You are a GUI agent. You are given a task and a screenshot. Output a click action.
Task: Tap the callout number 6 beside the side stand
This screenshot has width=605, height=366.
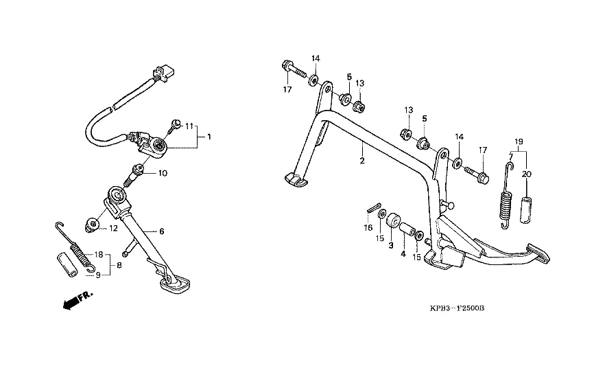162,231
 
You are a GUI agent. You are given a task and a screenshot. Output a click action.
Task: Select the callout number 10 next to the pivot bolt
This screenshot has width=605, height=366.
162,173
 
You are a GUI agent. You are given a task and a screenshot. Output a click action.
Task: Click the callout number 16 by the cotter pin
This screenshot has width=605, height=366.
368,227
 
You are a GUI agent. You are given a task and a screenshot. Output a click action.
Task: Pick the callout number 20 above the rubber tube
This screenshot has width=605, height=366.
527,174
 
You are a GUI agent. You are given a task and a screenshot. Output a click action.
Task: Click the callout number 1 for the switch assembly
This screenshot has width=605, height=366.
209,137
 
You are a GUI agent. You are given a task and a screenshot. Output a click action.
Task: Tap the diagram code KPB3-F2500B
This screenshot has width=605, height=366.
453,308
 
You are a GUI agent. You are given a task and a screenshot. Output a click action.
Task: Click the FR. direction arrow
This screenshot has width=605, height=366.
75,300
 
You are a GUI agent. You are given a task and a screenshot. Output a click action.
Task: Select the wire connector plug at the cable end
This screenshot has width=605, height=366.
167,71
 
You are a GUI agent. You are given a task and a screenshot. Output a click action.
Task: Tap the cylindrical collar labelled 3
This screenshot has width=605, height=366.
394,223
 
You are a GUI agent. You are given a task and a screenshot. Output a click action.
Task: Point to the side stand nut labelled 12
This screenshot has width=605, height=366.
91,224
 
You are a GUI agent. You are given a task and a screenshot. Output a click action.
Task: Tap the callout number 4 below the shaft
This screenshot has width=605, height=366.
403,253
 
